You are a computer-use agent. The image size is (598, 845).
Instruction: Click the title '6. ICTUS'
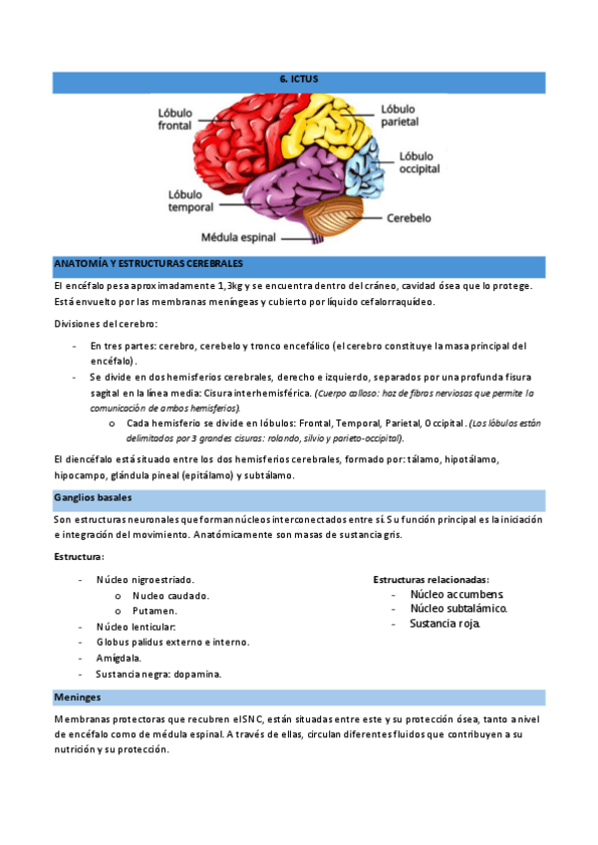coord(298,78)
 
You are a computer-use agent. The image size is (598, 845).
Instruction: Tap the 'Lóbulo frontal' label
coord(176,119)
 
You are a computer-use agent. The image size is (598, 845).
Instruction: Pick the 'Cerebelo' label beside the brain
coord(409,216)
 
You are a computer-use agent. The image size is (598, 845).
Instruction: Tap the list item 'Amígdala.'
coord(119,658)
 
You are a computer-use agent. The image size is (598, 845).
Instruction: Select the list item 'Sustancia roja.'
coord(445,624)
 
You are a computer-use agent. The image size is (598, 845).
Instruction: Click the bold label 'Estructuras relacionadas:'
coord(431,579)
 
